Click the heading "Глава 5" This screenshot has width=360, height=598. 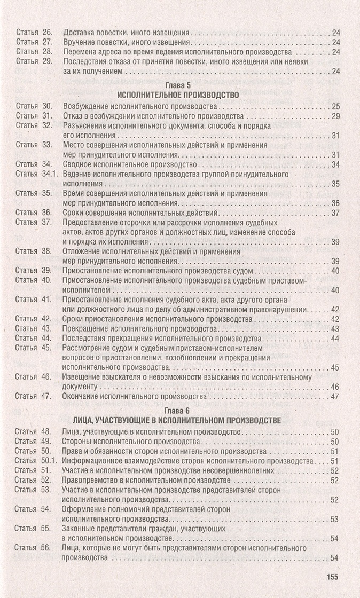[180, 85]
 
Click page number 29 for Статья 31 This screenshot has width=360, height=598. [335, 116]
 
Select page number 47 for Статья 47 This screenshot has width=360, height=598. [335, 397]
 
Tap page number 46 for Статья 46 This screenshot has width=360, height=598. [335, 387]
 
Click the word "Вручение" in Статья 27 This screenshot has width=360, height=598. [81, 42]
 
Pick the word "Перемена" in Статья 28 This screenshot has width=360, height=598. [81, 52]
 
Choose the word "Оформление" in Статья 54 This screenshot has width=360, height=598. [85, 509]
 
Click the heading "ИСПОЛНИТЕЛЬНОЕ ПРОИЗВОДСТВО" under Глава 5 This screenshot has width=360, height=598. [180, 95]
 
